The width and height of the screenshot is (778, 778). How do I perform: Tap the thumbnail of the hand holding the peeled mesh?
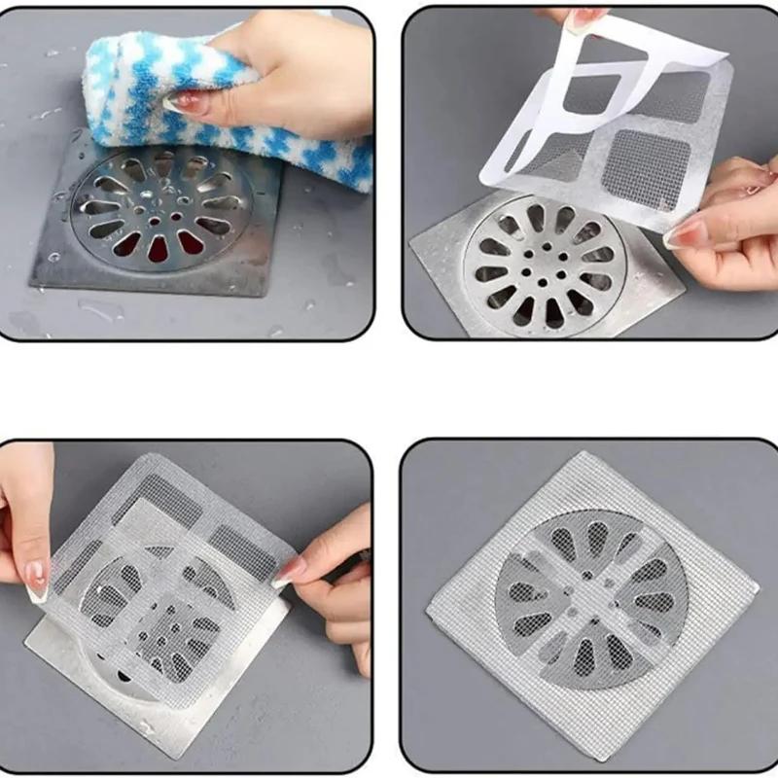pyautogui.click(x=689, y=233)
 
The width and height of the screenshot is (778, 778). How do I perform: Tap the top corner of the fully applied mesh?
pyautogui.click(x=581, y=454)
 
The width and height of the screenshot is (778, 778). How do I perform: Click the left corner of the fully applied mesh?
pyautogui.click(x=428, y=607)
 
